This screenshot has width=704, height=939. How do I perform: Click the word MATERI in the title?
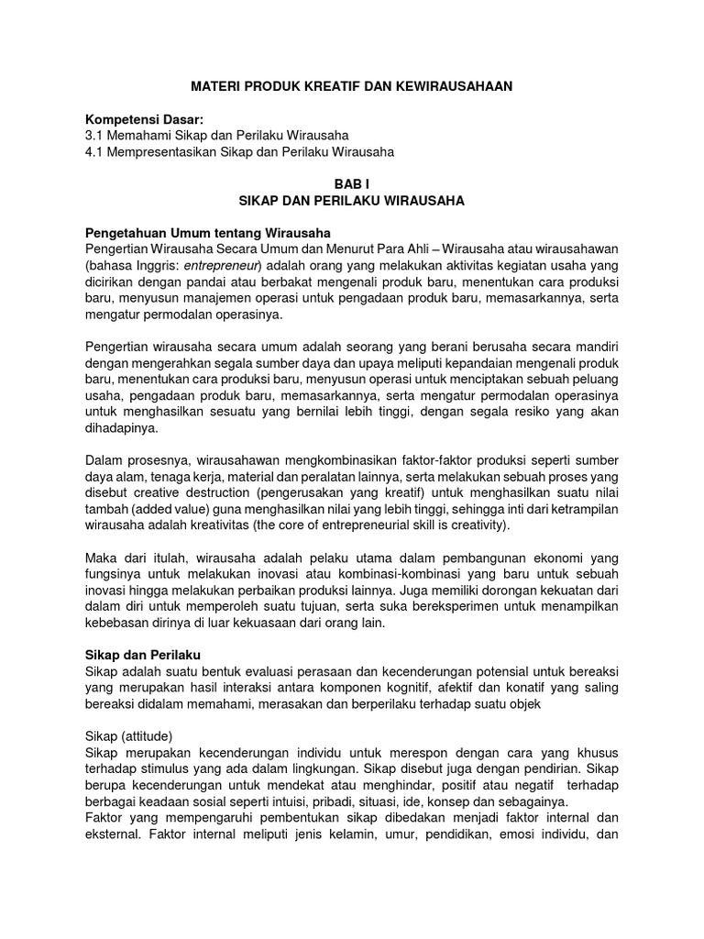click(214, 85)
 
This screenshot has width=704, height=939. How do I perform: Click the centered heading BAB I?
click(351, 185)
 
